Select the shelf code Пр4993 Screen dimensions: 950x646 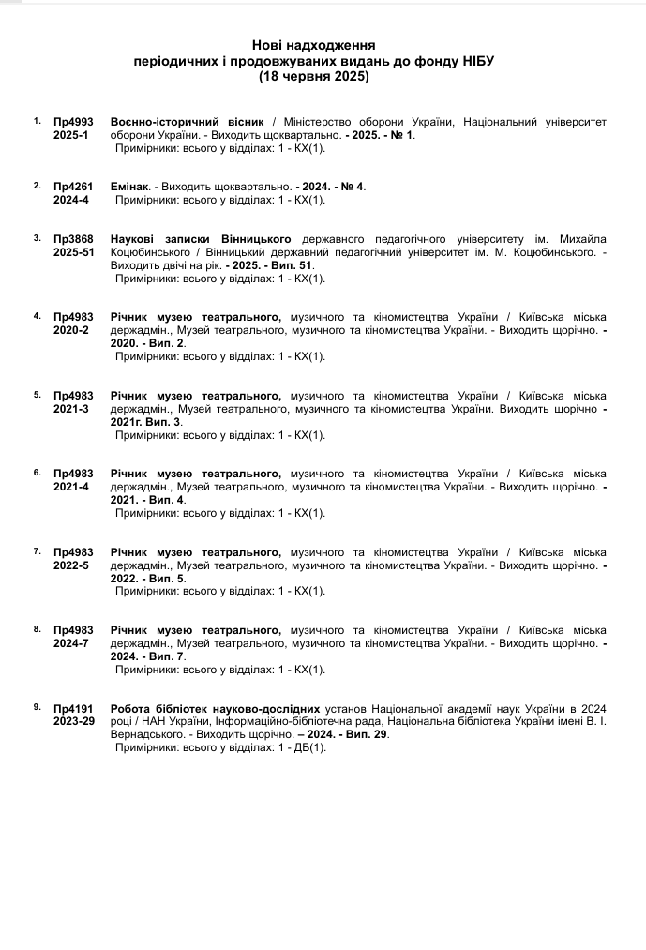[74, 122]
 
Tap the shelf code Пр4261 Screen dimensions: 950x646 [74, 187]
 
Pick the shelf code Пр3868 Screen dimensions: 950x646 [74, 239]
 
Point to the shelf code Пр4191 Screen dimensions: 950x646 [74, 708]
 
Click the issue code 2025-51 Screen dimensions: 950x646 [74, 252]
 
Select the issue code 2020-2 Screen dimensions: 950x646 [71, 330]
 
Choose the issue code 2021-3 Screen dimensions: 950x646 [71, 408]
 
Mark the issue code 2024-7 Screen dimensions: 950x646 [71, 643]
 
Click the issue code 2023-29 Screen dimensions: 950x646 [74, 721]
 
